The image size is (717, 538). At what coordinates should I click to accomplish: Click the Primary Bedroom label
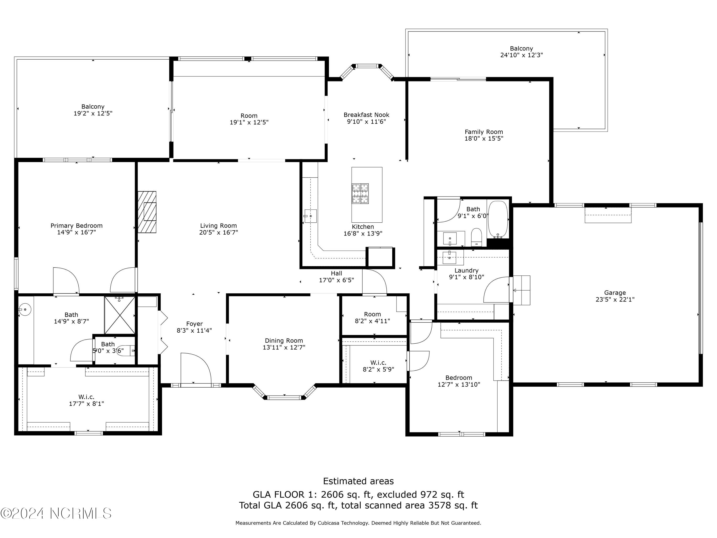[76, 226]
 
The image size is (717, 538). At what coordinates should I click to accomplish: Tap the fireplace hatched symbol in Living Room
[147, 212]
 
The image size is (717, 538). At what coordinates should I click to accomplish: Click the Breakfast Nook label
[366, 115]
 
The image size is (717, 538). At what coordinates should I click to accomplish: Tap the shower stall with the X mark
[119, 315]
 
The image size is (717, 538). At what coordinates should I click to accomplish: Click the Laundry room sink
[449, 258]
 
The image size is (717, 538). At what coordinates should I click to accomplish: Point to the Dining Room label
[284, 340]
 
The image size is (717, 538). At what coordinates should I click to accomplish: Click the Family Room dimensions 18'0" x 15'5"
[484, 138]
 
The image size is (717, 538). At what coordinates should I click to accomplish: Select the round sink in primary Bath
[25, 310]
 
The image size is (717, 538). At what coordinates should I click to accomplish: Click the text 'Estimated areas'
[358, 481]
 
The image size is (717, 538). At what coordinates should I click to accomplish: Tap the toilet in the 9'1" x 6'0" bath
[476, 237]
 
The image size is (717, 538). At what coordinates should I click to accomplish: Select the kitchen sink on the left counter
[310, 216]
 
